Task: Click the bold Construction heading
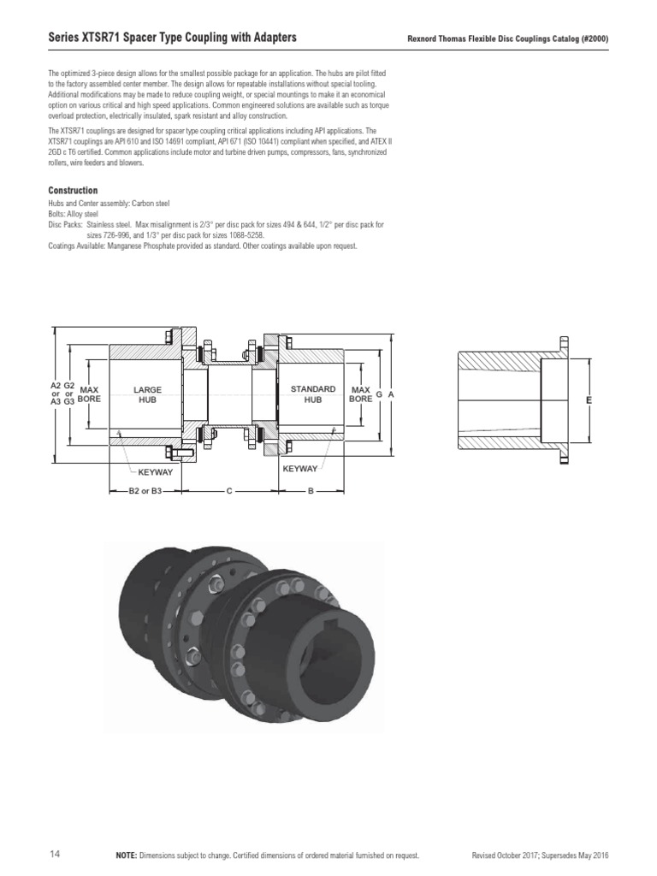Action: click(73, 190)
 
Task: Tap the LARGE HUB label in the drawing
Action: click(147, 394)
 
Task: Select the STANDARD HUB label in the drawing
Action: click(312, 394)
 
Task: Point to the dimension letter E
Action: click(589, 400)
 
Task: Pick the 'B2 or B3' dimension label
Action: click(145, 491)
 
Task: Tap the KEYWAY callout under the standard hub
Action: click(300, 469)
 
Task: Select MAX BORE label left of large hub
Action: click(89, 394)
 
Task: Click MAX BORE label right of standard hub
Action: click(360, 394)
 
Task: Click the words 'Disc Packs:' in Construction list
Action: click(65, 224)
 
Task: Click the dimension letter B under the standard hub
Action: click(310, 491)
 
